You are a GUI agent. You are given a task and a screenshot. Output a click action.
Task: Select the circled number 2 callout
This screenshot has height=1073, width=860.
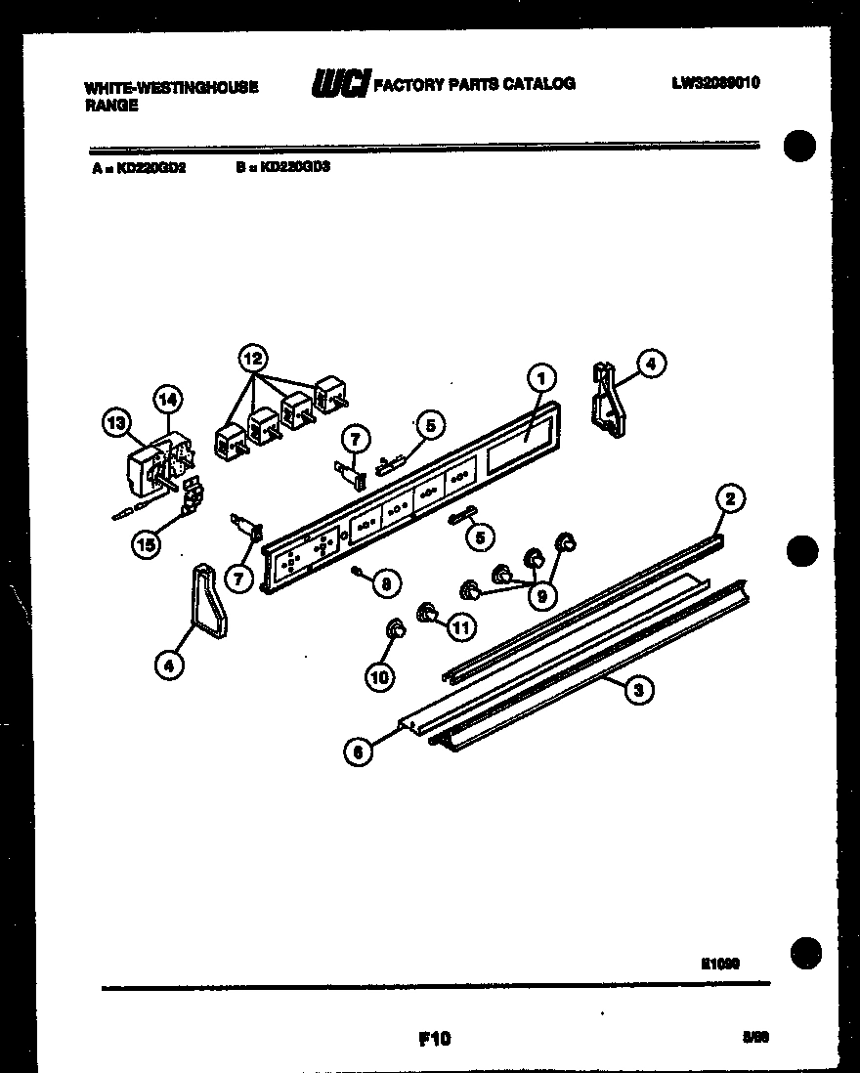729,500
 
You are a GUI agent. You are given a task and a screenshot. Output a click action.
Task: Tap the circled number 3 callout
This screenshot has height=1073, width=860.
637,691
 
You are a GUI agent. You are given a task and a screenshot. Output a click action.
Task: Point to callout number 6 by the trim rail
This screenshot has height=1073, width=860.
359,751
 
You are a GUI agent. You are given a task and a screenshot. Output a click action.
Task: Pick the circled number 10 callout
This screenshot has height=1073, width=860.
379,675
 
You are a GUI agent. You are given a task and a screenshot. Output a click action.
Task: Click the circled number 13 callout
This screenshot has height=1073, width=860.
117,423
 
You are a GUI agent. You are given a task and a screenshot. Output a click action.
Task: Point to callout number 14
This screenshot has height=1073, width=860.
167,398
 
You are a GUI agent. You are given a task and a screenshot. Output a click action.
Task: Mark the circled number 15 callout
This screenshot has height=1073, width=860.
146,545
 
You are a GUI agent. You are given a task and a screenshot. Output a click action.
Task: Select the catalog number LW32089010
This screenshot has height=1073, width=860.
715,83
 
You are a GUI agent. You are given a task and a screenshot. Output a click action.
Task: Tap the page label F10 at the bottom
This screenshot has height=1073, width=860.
431,1038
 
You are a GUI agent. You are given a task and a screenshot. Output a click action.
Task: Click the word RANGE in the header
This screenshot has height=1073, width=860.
111,106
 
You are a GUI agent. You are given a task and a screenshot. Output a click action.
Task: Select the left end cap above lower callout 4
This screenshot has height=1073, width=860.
208,600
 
